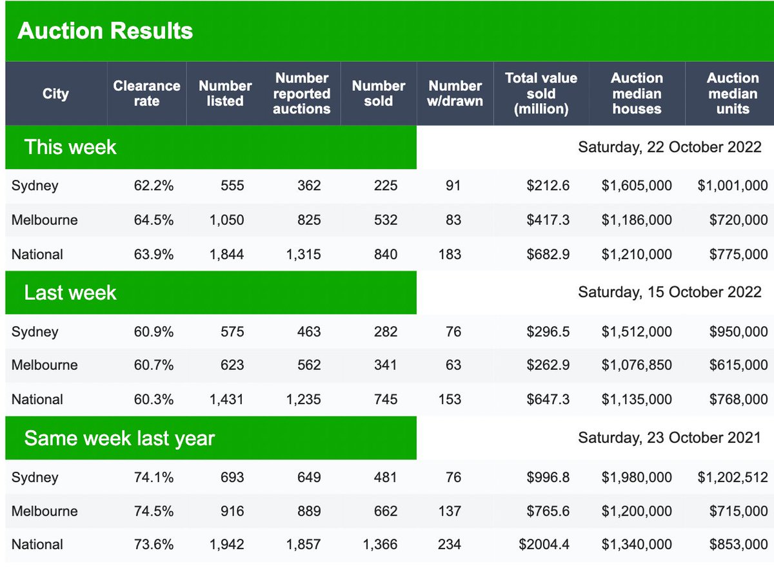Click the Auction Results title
coord(105,31)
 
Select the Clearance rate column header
coord(146,93)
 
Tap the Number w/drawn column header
coord(455,93)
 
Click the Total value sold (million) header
coord(541,93)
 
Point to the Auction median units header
coord(732,93)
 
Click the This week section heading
coord(70,147)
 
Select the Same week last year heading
coord(119,438)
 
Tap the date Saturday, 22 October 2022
coord(670,147)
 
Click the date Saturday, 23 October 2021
coord(670,438)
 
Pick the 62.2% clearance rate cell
coord(154,186)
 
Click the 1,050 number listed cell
coord(226,220)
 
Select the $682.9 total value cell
coord(548,255)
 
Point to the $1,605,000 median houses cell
coord(637,186)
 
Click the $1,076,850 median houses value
coord(637,365)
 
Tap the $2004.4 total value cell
coord(544,545)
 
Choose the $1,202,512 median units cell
coord(732,478)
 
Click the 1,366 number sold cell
coord(380,545)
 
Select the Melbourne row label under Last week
coord(45,365)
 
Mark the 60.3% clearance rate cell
coord(154,400)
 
